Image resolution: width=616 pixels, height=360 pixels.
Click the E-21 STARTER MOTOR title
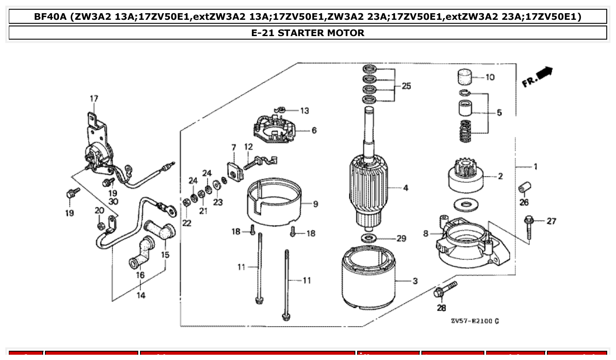click(308, 33)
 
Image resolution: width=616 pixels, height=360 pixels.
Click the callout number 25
click(406, 86)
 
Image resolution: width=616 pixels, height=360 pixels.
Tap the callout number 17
click(94, 99)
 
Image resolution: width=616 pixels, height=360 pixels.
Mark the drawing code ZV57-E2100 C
click(475, 321)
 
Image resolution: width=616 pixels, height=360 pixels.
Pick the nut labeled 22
click(186, 202)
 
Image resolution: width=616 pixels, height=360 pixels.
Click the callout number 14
click(140, 295)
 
